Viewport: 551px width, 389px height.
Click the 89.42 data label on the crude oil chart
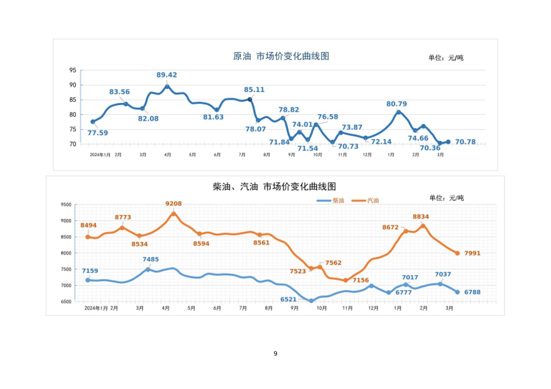coord(167,75)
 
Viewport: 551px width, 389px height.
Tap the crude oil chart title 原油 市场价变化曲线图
coord(281,56)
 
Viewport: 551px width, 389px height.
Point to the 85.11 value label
coord(254,89)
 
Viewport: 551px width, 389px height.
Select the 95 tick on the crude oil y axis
coord(73,70)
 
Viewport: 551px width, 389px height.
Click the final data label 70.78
coord(465,142)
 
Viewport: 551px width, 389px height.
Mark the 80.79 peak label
coord(397,104)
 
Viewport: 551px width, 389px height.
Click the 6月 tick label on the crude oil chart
coord(217,155)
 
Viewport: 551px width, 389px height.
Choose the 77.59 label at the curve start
coord(98,133)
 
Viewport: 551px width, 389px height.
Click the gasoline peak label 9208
coord(173,204)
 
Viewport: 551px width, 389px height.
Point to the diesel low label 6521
coord(289,299)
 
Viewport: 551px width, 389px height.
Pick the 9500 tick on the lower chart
coord(66,205)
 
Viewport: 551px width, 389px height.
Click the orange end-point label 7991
coord(472,253)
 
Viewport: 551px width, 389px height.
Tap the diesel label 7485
coord(150,259)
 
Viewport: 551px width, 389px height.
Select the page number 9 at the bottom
coord(275,354)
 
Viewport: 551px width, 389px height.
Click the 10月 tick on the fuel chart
coord(322,308)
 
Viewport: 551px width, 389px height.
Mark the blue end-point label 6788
coord(472,292)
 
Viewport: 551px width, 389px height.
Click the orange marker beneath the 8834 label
coord(423,226)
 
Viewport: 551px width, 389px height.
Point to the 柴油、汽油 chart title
coord(274,187)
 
